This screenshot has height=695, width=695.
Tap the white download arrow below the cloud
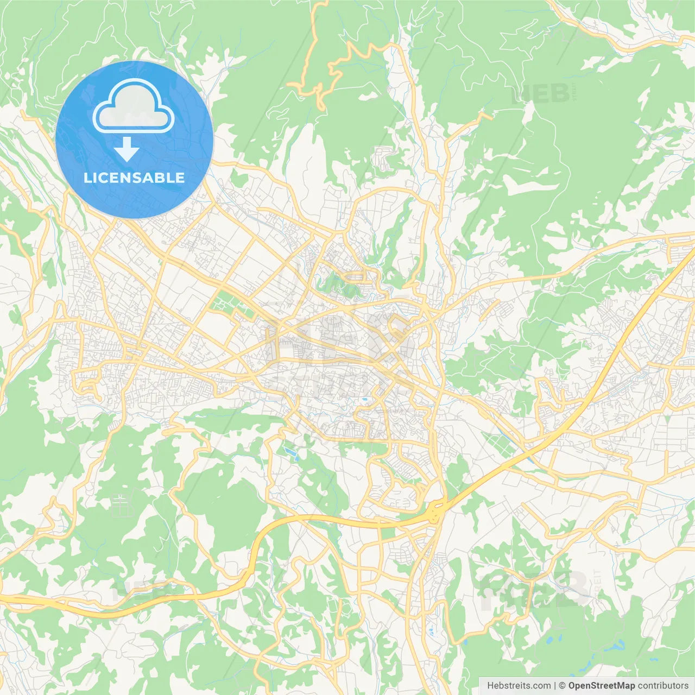coord(127,149)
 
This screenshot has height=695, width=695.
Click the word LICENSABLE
coord(134,178)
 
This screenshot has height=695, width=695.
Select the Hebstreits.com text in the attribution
coord(519,686)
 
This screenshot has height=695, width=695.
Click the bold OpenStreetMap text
coord(602,686)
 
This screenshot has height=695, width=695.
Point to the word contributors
coord(663,686)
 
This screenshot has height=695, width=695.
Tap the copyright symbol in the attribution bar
coord(563,686)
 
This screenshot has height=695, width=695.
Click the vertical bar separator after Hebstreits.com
coord(555,686)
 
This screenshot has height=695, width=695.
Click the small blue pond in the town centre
coord(363,400)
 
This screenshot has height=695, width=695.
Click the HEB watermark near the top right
coord(540,93)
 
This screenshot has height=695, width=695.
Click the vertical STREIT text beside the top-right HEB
coord(574,92)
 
